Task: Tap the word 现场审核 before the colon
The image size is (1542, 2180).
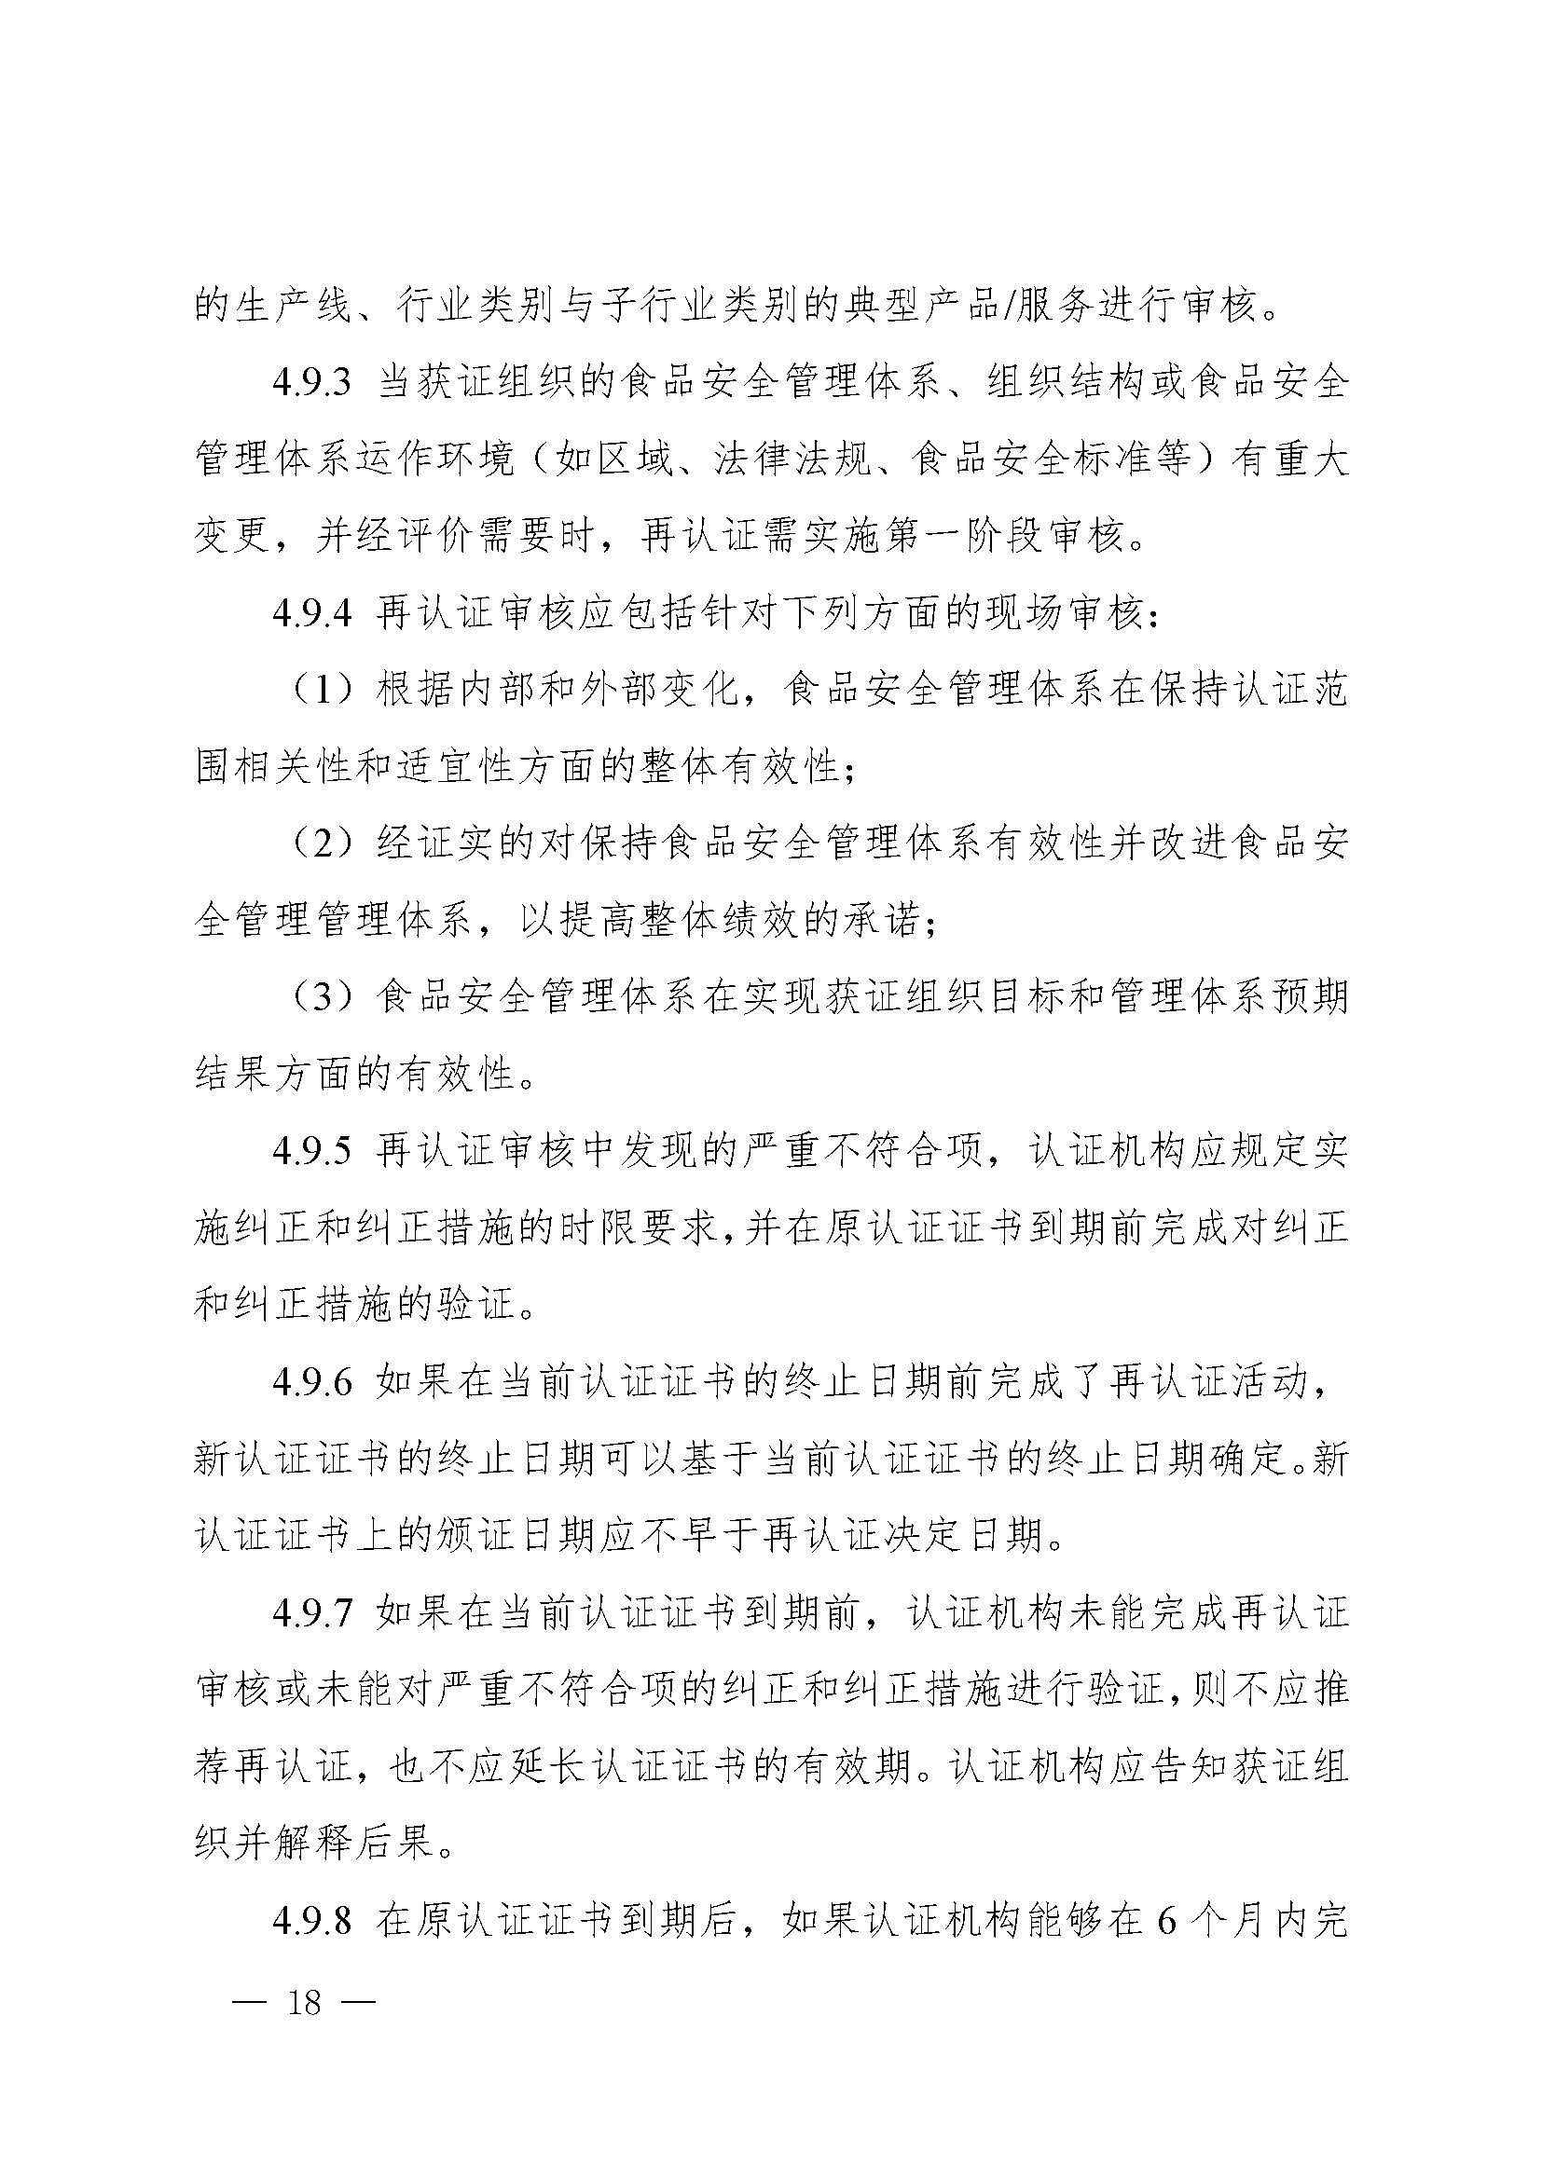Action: pos(1064,614)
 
